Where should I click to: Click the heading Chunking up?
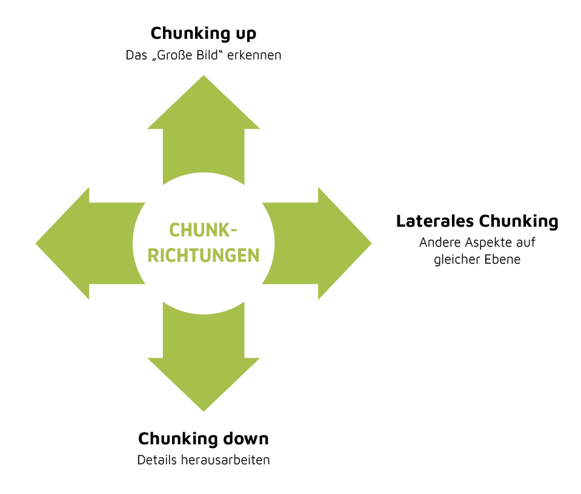click(203, 33)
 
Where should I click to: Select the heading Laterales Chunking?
click(477, 221)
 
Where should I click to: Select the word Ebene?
click(504, 259)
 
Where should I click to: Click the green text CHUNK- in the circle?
click(203, 231)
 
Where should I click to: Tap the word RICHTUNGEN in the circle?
click(203, 255)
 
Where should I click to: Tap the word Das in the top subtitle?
click(136, 55)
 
